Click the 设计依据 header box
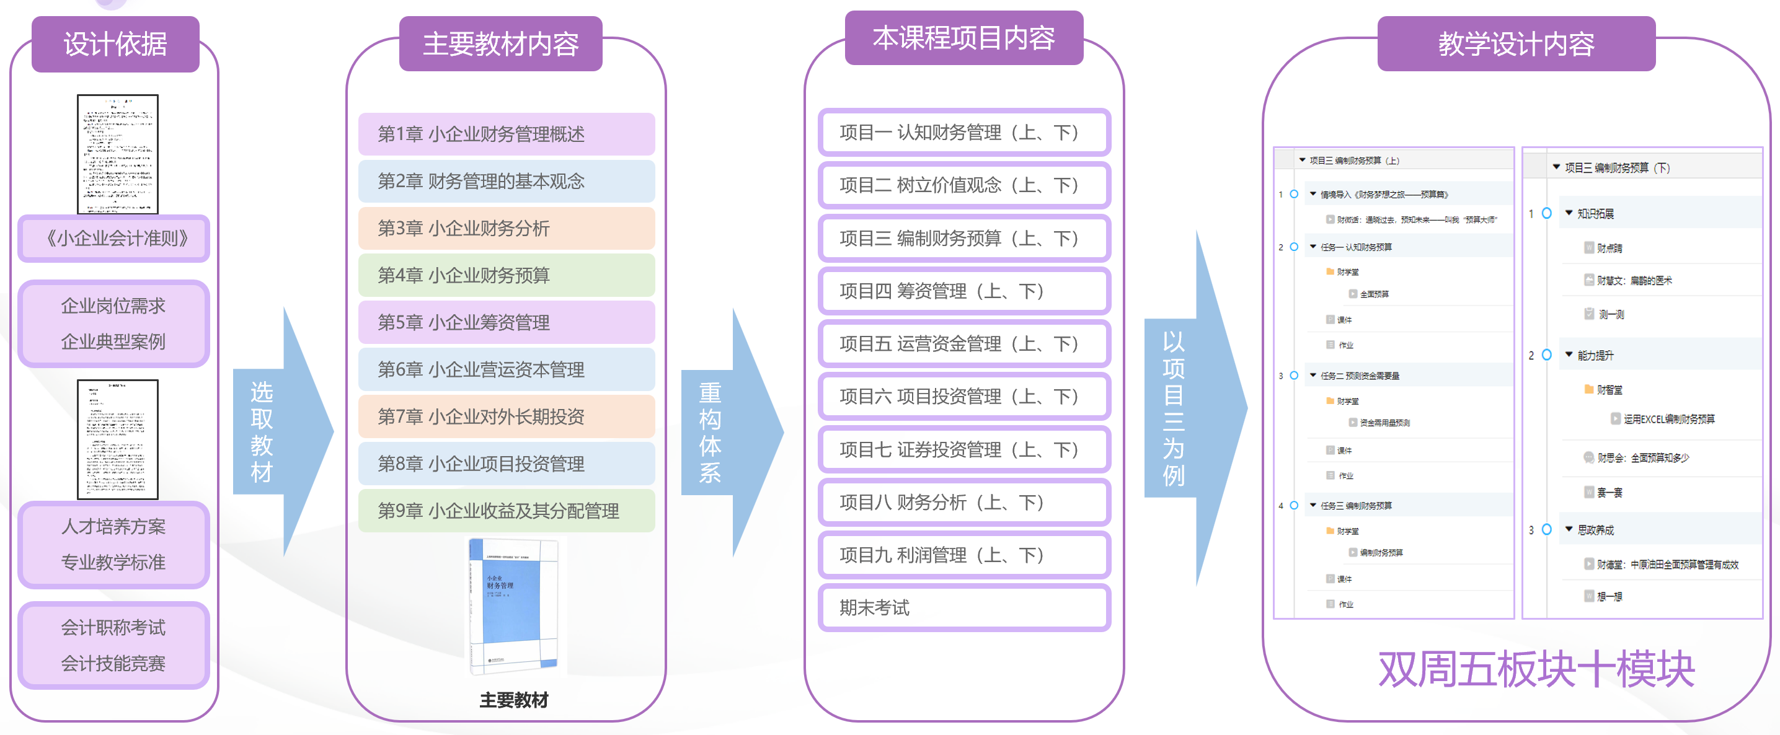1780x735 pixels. pos(115,44)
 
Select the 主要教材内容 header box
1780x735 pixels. pos(500,44)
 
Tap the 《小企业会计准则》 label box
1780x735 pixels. pos(114,239)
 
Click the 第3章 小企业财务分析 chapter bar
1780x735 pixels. pos(506,228)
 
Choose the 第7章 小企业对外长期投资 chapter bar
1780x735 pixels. pos(506,416)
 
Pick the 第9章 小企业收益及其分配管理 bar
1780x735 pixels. pos(506,511)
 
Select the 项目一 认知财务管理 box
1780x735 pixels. pos(964,132)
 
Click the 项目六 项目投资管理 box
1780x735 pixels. pos(964,397)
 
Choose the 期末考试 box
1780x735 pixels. pos(964,608)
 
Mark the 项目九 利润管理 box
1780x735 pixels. pos(964,555)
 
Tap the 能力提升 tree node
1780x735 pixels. pos(1595,355)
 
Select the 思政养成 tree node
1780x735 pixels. pos(1595,530)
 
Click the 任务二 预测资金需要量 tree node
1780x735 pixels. pos(1359,376)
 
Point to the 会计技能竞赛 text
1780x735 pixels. pos(113,663)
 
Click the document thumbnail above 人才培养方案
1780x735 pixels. pos(117,439)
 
